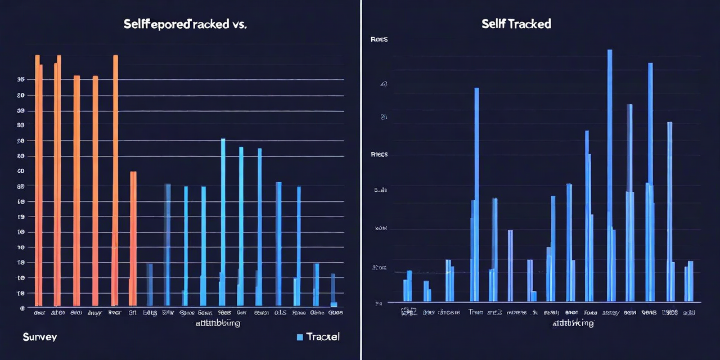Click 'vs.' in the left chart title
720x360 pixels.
pos(238,25)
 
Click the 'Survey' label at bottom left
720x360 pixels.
pos(40,336)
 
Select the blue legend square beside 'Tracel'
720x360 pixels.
pos(300,337)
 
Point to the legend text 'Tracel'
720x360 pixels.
pos(323,336)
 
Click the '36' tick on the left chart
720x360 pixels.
pos(20,79)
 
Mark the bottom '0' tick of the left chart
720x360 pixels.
pos(22,308)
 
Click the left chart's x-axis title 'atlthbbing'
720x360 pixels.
pos(218,323)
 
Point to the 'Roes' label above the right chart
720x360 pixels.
pos(379,40)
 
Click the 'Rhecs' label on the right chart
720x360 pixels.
pos(379,154)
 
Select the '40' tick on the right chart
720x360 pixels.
pos(384,84)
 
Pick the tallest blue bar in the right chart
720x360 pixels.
pos(610,175)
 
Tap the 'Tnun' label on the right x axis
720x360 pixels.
pos(476,312)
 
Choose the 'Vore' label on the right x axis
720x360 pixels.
pos(590,312)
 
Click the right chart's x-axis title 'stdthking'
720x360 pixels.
pos(573,323)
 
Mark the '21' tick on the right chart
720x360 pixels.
pos(384,117)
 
